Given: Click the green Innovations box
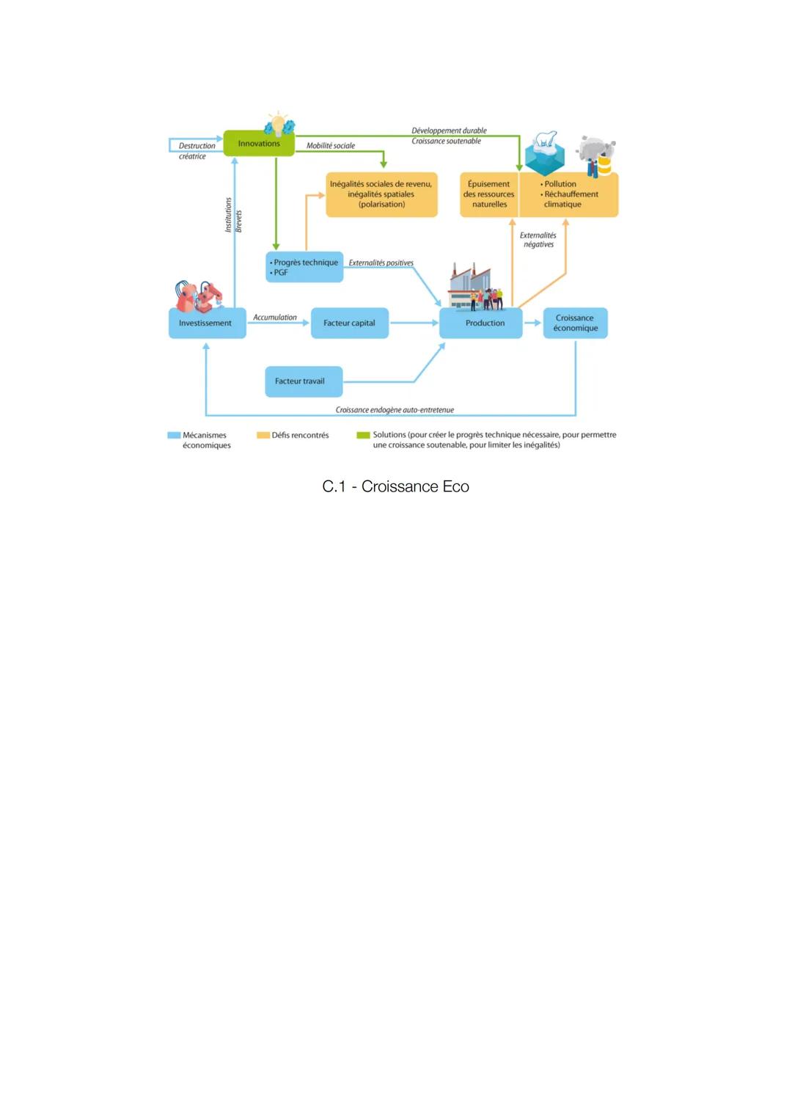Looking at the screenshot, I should click(x=258, y=144).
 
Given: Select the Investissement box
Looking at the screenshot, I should click(x=207, y=323).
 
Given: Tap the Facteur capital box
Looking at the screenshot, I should click(x=349, y=323).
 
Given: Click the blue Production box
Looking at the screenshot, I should click(x=481, y=323).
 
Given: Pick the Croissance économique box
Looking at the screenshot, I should click(x=576, y=323).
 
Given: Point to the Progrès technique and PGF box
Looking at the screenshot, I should click(x=304, y=267).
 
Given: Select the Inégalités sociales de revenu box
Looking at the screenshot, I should click(x=381, y=194).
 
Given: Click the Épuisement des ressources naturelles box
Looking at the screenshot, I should click(x=489, y=195).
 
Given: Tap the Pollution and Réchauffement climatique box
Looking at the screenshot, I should click(x=569, y=195).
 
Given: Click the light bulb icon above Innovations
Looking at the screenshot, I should click(x=279, y=124).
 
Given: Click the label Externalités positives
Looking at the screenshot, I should click(x=381, y=263).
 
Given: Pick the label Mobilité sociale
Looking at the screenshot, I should click(x=330, y=146).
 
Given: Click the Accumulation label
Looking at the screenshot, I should click(x=275, y=318).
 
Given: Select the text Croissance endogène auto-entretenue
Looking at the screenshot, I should click(x=395, y=410).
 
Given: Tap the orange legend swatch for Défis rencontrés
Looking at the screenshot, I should click(x=263, y=436).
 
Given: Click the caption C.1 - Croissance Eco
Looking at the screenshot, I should click(x=395, y=487).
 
